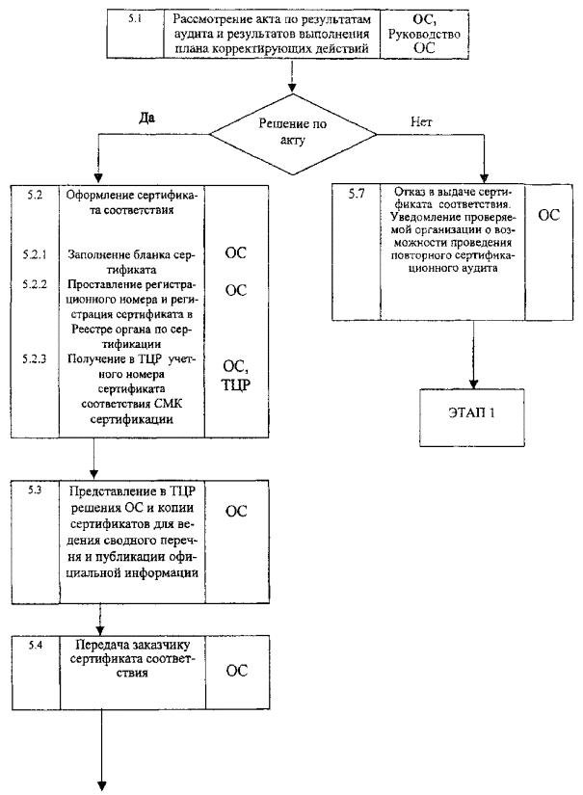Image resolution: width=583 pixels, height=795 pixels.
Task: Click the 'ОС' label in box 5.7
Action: (x=548, y=216)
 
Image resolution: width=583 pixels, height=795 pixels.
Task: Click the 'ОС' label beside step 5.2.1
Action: (x=236, y=254)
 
